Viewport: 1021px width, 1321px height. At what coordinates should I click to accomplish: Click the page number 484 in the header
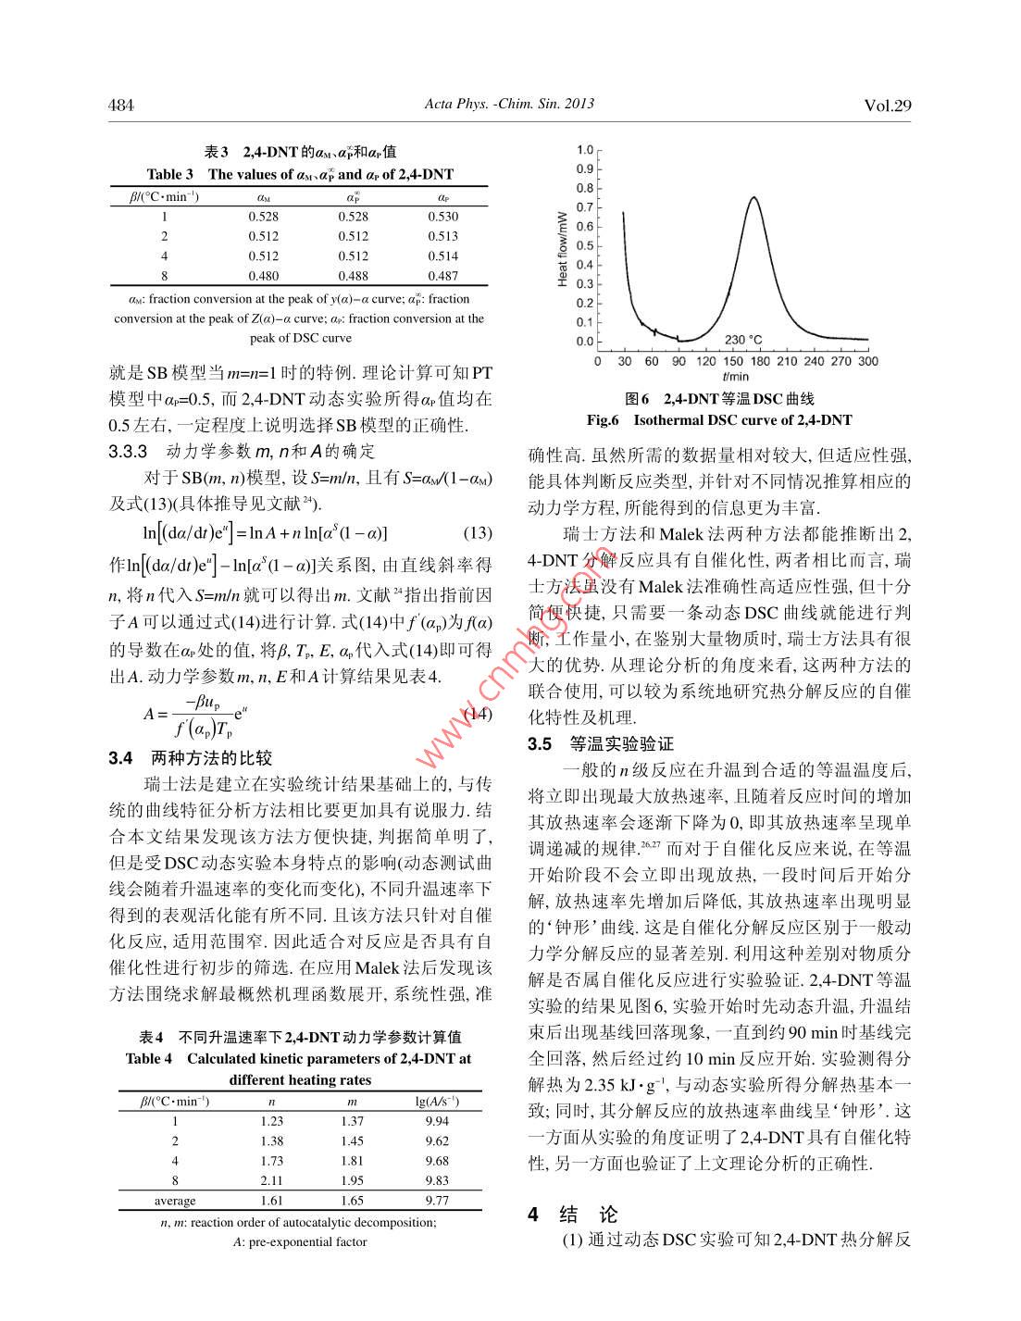point(121,106)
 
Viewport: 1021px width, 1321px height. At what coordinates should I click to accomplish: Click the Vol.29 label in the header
point(887,106)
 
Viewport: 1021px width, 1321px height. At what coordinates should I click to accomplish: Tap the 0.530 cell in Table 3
point(442,217)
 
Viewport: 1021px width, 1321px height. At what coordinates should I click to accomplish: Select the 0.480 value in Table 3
point(263,276)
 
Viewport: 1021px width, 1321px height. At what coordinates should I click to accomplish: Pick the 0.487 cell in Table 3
point(442,276)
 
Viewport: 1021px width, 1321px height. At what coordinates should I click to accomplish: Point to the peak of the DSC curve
point(754,197)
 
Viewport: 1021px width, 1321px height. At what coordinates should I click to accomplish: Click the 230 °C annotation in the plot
point(743,340)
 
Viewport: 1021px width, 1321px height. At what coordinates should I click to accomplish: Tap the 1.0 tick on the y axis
point(584,150)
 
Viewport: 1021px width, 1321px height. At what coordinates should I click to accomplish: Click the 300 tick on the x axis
point(868,361)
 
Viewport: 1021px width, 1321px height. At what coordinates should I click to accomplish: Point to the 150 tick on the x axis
point(732,361)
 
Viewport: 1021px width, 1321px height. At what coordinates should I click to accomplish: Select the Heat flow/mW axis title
point(563,247)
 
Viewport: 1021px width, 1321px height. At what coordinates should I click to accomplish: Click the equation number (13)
point(477,533)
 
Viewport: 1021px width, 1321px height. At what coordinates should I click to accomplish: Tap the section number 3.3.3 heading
point(128,452)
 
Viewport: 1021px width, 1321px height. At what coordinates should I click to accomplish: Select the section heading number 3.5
point(540,744)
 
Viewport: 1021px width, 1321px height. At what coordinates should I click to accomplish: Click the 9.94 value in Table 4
point(437,1121)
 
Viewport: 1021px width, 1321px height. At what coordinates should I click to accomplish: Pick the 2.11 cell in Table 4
point(271,1180)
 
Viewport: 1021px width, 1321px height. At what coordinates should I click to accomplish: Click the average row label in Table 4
point(175,1201)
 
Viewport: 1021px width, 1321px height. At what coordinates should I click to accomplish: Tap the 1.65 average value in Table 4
point(353,1201)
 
